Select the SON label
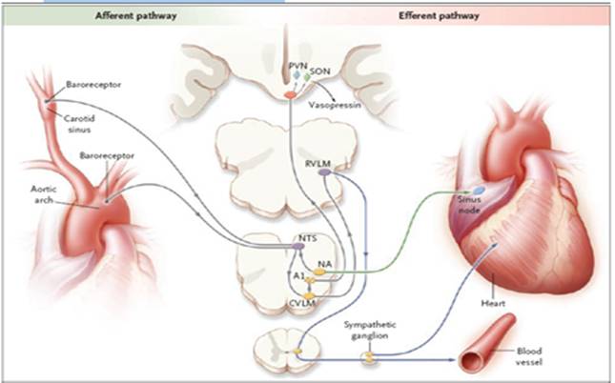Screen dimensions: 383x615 click(320, 71)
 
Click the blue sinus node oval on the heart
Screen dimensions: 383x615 click(479, 191)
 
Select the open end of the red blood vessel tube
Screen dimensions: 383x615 click(470, 359)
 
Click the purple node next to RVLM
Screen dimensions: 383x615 click(324, 172)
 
